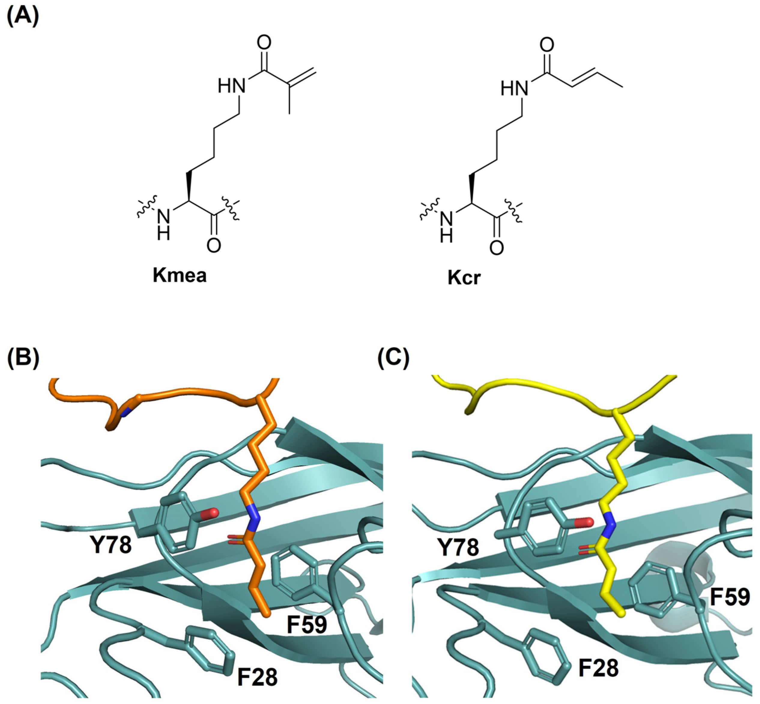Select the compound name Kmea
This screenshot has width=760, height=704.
pos(180,275)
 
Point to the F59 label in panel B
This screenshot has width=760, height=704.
pos(307,624)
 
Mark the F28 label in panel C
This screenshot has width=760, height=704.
pos(598,668)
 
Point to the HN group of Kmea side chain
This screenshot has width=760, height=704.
pos(232,87)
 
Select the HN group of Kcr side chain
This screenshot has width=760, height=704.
pos(514,89)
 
